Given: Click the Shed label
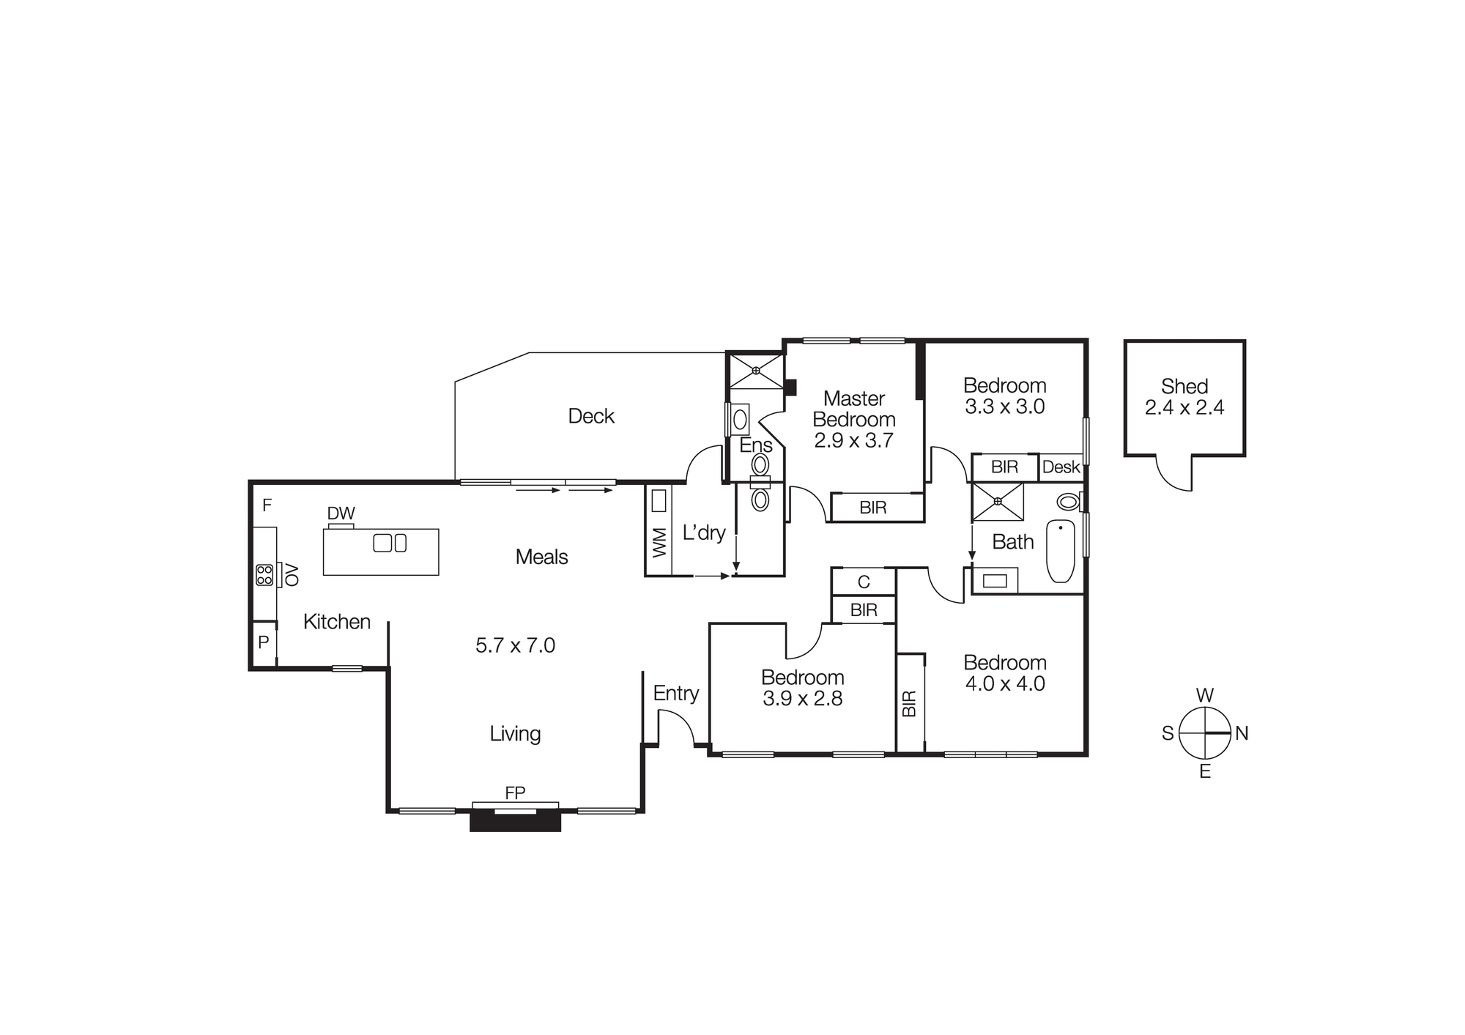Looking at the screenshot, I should (x=1184, y=386).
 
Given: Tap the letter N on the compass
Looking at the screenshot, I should (x=1242, y=733).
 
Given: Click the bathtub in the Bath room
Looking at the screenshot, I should (x=1060, y=551).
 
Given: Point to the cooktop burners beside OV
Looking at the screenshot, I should (x=264, y=575).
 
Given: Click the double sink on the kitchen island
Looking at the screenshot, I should (x=390, y=543).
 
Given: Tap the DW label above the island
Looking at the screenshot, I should (x=341, y=513).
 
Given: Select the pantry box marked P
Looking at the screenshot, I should (x=264, y=643).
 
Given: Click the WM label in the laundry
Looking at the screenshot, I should (x=659, y=542).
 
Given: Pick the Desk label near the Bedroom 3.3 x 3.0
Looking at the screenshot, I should (x=1061, y=467).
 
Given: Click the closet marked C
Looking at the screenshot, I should (x=864, y=582).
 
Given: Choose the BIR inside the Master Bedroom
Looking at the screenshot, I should (x=873, y=507).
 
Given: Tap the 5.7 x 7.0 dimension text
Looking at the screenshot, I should (x=515, y=645).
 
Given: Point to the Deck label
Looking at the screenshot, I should (x=591, y=416).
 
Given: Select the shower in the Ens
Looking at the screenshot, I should (x=755, y=371).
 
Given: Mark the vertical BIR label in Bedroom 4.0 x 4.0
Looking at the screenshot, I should (x=910, y=703).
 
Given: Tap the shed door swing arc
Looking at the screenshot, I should (x=1172, y=476).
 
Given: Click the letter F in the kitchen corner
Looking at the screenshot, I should (x=267, y=505).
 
